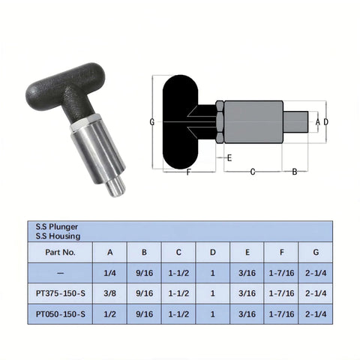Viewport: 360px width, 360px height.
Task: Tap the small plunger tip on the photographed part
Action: point(115,187)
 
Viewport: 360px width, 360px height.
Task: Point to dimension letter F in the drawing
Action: point(187,172)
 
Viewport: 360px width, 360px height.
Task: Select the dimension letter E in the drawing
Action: point(229,157)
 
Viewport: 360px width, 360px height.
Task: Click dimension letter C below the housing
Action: point(252,172)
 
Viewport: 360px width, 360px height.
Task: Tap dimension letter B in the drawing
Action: point(295,172)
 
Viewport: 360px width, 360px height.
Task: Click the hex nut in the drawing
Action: point(219,121)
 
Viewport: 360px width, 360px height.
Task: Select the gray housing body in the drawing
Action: point(253,121)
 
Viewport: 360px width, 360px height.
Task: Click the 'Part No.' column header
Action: point(60,253)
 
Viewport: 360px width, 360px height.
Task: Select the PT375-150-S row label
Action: point(60,293)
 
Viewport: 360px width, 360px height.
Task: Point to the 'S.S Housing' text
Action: point(57,235)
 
